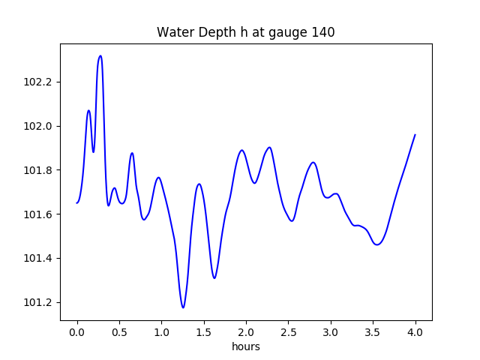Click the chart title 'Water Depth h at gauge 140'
(245, 32)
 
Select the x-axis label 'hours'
(245, 346)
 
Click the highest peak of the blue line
(100, 56)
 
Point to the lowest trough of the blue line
(183, 307)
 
